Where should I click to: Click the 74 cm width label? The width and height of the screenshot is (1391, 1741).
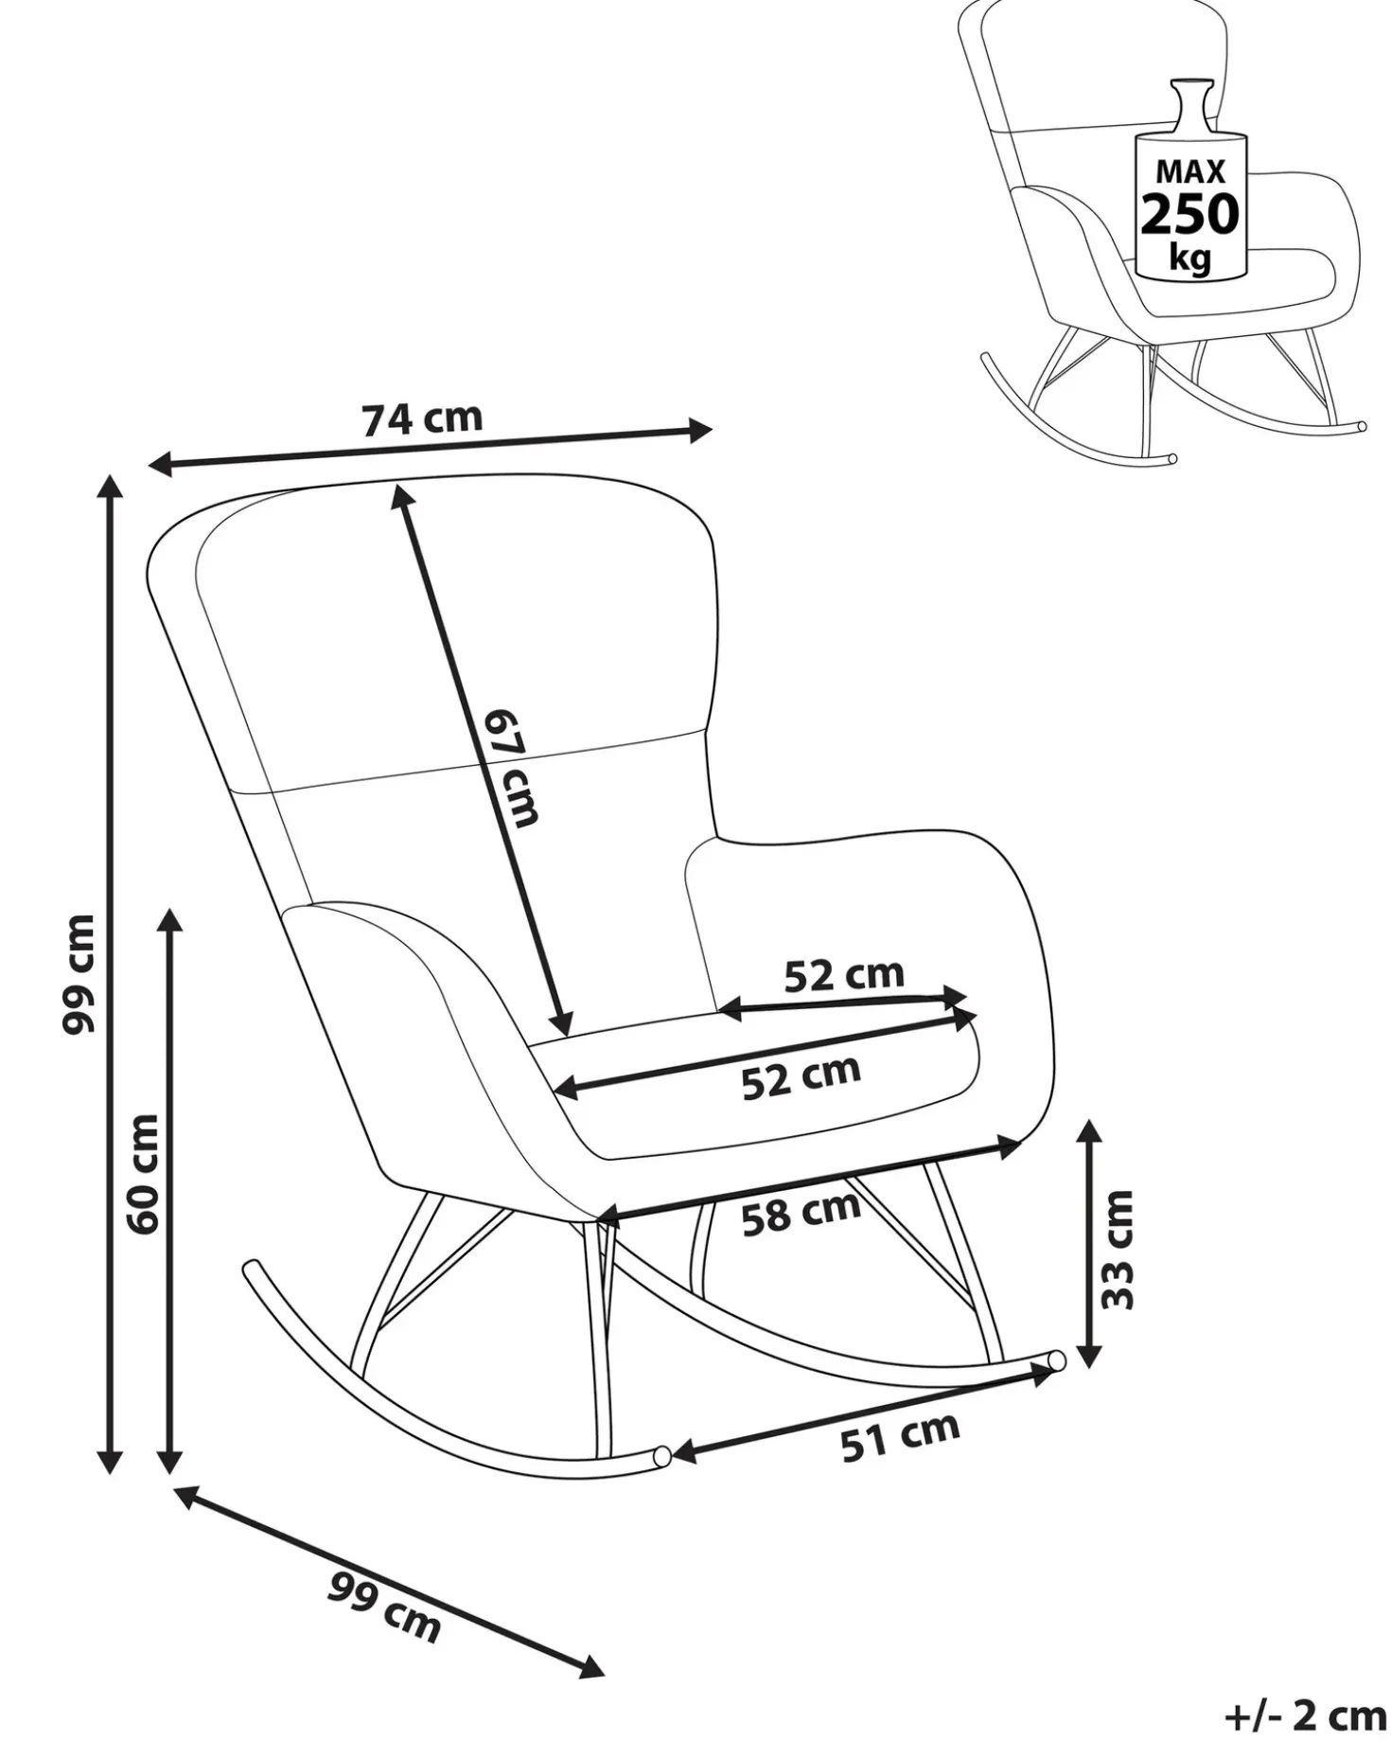coord(422,418)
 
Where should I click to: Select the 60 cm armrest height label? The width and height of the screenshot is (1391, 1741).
coord(143,1173)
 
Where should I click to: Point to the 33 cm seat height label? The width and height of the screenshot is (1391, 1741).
coord(1118,1250)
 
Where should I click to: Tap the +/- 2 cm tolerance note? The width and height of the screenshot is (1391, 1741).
coord(1305,1714)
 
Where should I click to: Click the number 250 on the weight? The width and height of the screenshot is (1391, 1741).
coord(1189,214)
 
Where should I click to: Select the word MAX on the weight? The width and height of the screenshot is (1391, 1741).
coord(1190,171)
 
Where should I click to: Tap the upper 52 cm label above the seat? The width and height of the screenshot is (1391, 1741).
coord(844,974)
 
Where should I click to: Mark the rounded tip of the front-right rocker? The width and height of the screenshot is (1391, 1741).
coord(1057,1359)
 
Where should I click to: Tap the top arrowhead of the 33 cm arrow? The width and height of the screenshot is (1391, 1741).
coord(1089,1132)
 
